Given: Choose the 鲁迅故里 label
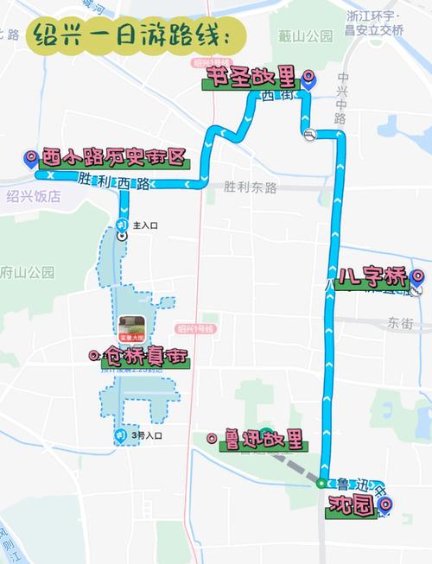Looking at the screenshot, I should [260, 440].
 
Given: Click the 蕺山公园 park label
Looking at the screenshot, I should [305, 36].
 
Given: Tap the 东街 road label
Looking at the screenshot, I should [400, 323].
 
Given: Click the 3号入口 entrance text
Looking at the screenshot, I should [146, 436].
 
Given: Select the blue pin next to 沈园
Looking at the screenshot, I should [385, 504].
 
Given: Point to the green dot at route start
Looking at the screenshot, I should [321, 483].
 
